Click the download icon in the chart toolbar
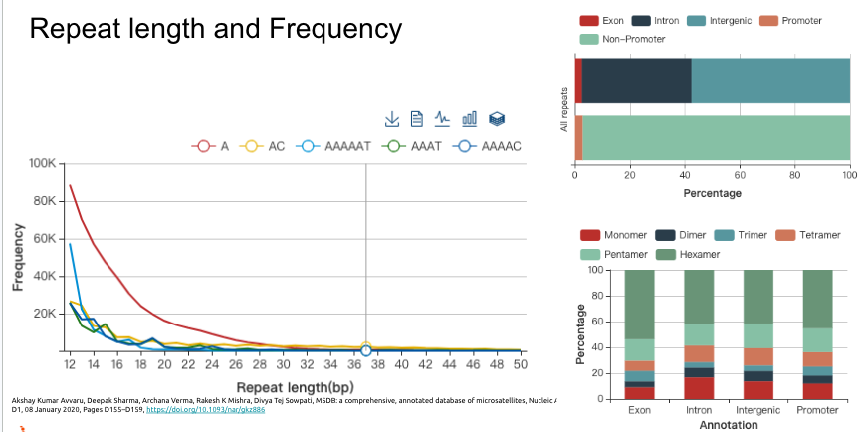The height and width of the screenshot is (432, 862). [392, 119]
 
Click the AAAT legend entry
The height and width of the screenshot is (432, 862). [411, 146]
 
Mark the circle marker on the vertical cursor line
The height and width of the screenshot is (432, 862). [366, 350]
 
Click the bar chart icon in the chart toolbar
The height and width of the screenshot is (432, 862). [470, 119]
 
